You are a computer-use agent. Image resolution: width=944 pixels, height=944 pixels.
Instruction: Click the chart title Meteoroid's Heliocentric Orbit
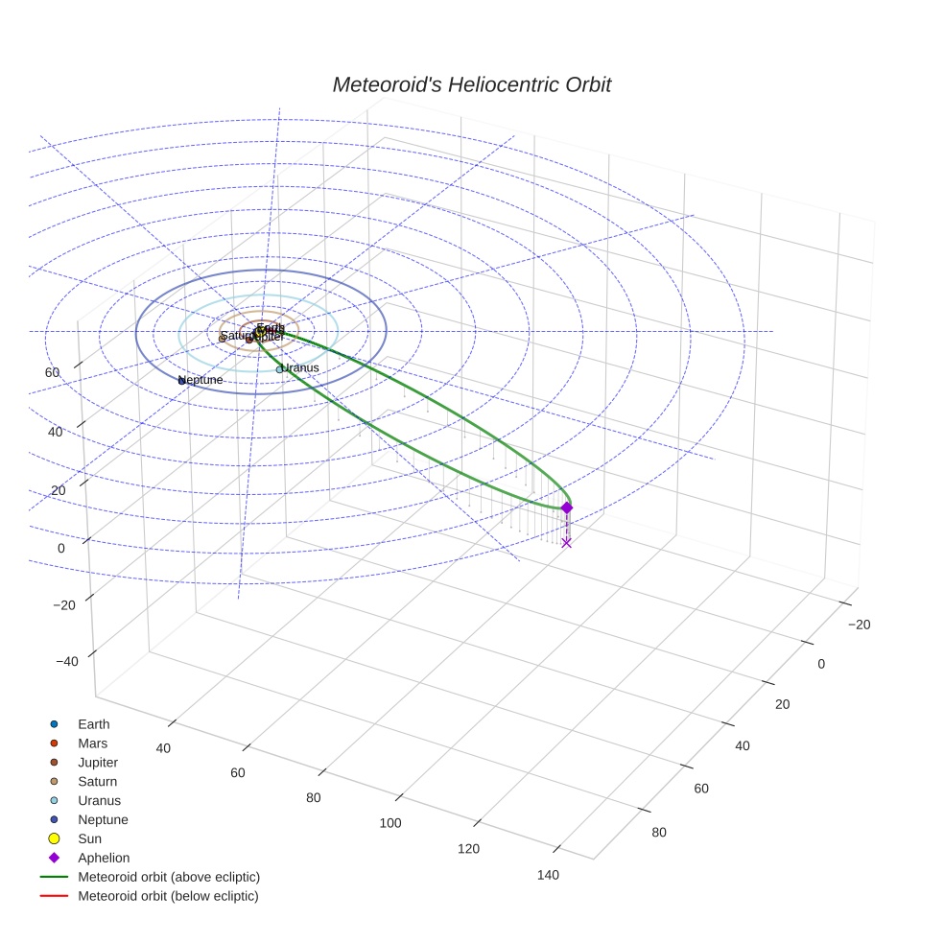[x=471, y=84]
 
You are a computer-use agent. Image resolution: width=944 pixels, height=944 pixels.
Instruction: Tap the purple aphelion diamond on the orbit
[x=567, y=507]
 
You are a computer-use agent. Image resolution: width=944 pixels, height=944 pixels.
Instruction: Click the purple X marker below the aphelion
[x=567, y=543]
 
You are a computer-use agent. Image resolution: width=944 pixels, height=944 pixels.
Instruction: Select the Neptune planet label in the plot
[x=201, y=380]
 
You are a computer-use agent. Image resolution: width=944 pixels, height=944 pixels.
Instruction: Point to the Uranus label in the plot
[x=299, y=367]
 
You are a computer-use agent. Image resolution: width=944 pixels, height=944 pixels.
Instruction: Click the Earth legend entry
[x=93, y=724]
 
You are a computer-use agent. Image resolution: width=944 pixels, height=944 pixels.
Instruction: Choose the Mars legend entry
[x=92, y=743]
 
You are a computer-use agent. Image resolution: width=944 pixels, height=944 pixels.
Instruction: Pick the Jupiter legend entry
[x=98, y=763]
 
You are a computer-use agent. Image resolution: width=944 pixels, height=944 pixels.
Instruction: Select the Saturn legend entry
[x=97, y=782]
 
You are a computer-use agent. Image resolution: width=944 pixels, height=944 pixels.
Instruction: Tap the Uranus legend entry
[x=99, y=800]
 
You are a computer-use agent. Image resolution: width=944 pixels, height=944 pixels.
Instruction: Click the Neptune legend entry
[x=103, y=819]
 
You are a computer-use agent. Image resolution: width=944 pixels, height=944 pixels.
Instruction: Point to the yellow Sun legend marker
[x=55, y=838]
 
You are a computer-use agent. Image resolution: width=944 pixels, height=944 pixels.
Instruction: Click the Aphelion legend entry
[x=104, y=858]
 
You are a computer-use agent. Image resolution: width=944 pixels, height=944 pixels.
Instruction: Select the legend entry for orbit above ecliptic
[x=169, y=877]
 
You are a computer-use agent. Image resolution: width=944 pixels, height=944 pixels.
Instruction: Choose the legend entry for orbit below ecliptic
[x=168, y=896]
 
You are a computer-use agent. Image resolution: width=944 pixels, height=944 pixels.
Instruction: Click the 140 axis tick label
[x=549, y=874]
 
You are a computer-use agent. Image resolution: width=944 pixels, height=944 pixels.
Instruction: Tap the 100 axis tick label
[x=390, y=822]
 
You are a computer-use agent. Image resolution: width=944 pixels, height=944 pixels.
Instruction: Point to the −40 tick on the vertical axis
[x=67, y=662]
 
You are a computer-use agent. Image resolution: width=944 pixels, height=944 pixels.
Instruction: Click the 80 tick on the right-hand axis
[x=659, y=832]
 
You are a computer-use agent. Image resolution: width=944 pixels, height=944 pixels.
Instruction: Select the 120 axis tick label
[x=469, y=848]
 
